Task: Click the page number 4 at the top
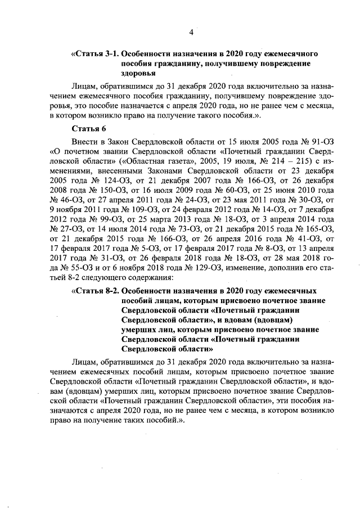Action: pyautogui.click(x=191, y=32)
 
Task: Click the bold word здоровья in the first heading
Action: pyautogui.click(x=138, y=73)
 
